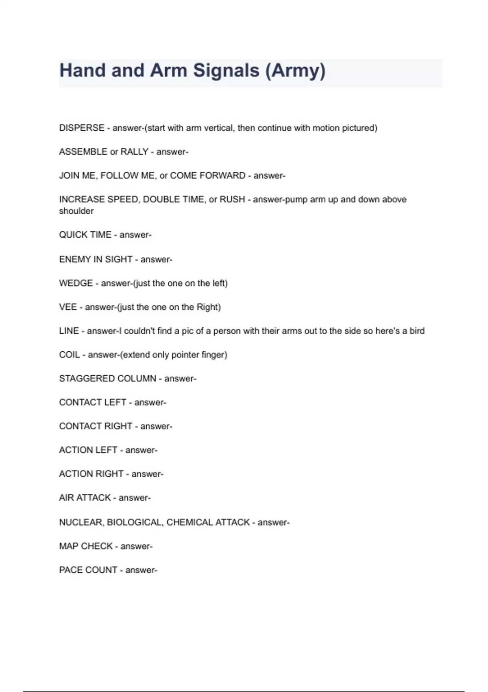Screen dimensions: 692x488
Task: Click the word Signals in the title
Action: click(x=226, y=70)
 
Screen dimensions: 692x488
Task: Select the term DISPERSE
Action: click(x=82, y=128)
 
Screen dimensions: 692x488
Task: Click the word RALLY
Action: click(x=134, y=152)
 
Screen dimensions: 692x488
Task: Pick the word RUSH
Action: click(x=232, y=199)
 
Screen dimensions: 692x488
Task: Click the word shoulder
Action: click(x=76, y=211)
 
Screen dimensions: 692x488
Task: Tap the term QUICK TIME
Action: click(x=85, y=235)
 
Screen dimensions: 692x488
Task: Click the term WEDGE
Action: click(x=76, y=283)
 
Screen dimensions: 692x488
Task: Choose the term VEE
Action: click(x=68, y=307)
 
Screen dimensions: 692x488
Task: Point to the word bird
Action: click(x=417, y=331)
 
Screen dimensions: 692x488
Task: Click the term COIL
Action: click(x=70, y=355)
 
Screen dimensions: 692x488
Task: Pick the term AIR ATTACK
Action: click(x=85, y=498)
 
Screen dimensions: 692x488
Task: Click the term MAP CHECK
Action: click(x=86, y=546)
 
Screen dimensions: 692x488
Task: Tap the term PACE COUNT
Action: click(x=88, y=570)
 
